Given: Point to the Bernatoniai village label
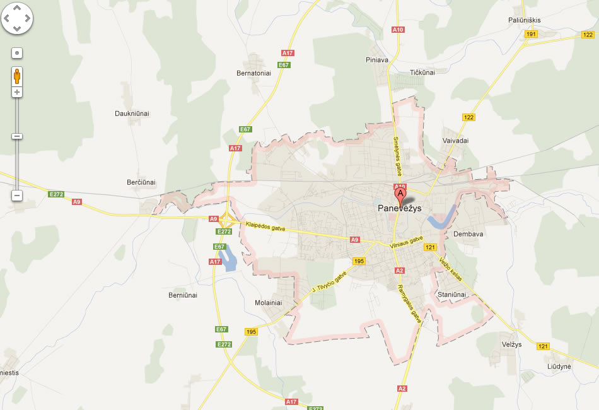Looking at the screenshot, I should tap(253, 73).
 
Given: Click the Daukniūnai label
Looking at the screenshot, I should tap(132, 114).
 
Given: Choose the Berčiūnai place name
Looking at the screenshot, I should tap(141, 182).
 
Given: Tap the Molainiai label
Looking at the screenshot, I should tap(268, 303).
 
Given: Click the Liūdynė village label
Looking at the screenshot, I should tap(559, 366).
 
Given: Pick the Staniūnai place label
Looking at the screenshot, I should tap(451, 295).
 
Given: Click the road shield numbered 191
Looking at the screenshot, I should tap(532, 34).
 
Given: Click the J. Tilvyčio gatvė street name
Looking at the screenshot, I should tap(329, 283).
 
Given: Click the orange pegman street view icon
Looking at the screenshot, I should tap(17, 77).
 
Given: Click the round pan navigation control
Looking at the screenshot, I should tap(17, 19).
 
